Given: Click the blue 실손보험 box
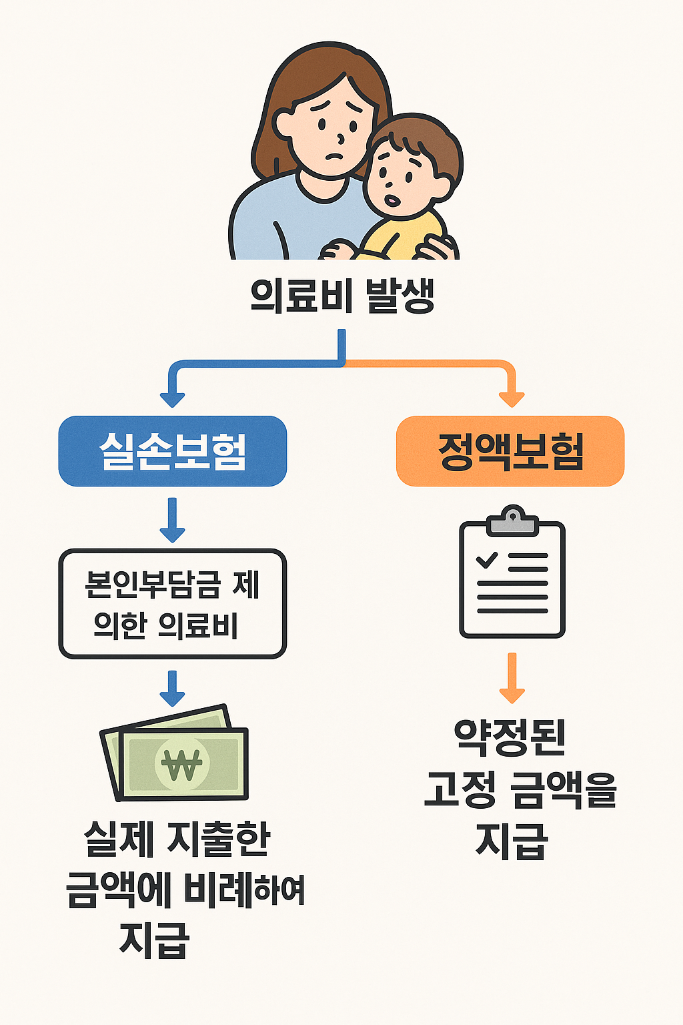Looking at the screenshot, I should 173,451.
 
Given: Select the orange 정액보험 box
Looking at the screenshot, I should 510,451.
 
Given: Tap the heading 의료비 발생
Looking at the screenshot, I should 342,295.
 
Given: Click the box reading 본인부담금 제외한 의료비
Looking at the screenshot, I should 173,604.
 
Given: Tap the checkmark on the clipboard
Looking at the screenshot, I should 487,559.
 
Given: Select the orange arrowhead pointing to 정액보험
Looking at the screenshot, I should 512,398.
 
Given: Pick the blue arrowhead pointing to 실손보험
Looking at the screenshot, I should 173,398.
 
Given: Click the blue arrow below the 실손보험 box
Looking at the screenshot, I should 173,521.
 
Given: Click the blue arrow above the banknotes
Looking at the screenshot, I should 173,689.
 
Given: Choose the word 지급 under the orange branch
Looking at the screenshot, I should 512,841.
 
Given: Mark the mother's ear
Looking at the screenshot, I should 283,124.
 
